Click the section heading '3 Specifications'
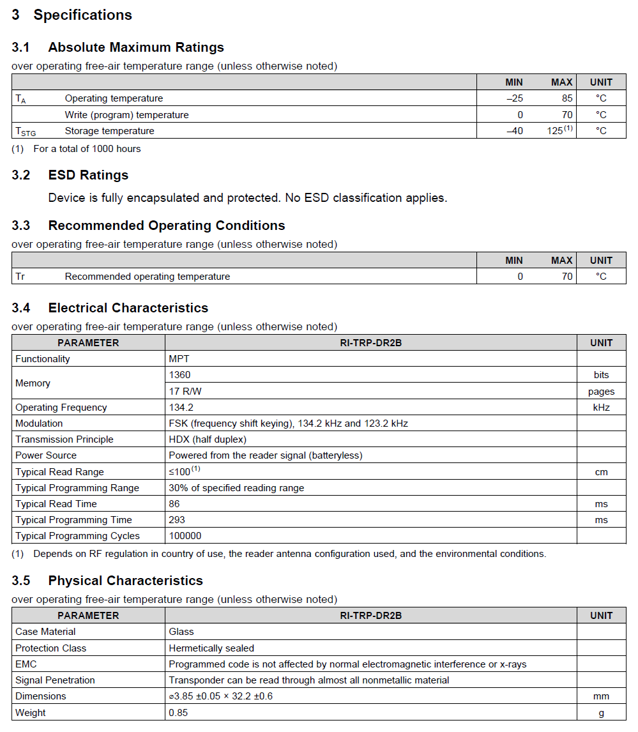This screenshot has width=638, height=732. pos(72,15)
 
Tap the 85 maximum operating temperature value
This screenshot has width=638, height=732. pos(567,98)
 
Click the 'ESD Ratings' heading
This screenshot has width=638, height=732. pos(88,175)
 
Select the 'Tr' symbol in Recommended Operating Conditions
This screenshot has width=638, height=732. pos(20,277)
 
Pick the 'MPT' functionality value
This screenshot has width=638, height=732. pos(179,359)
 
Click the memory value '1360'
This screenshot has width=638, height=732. pos(179,375)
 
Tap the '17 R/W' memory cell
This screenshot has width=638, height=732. pos(185,391)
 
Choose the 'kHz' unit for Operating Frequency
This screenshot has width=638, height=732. pos(601,408)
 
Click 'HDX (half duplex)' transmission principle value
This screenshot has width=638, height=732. pos(208,439)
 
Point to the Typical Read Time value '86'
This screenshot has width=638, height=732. pos(174,504)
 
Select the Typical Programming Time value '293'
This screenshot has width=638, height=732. pos(177,520)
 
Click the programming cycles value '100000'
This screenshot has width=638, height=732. pos(185,536)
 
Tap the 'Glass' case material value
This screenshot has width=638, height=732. pos(181,632)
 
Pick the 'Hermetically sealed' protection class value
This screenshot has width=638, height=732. pos(211,648)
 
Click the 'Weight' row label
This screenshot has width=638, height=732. pos(31,712)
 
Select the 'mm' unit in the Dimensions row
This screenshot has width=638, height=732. pos(601,696)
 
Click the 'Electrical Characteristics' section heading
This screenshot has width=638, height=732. pos(128,308)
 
